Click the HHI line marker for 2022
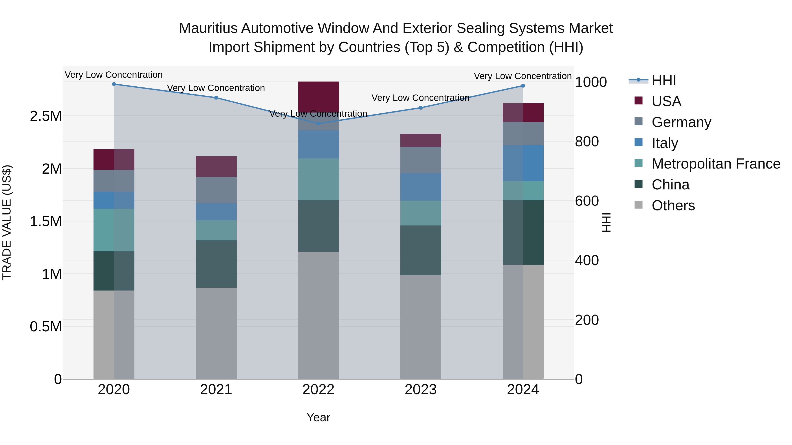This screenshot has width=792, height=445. pyautogui.click(x=319, y=124)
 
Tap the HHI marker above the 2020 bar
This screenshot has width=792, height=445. pyautogui.click(x=114, y=84)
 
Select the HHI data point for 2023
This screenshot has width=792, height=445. pyautogui.click(x=421, y=108)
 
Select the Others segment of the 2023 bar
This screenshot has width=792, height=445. pyautogui.click(x=421, y=327)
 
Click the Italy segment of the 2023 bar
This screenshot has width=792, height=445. pyautogui.click(x=421, y=187)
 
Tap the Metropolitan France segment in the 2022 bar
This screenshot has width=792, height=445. pyautogui.click(x=319, y=179)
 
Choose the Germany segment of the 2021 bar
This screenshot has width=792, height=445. pyautogui.click(x=216, y=190)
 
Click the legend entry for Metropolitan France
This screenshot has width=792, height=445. pyautogui.click(x=716, y=164)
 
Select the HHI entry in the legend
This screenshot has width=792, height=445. pyautogui.click(x=664, y=80)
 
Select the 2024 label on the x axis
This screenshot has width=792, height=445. pyautogui.click(x=523, y=390)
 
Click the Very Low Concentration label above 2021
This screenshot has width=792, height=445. pyautogui.click(x=216, y=88)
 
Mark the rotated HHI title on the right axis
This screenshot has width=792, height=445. pyautogui.click(x=606, y=222)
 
